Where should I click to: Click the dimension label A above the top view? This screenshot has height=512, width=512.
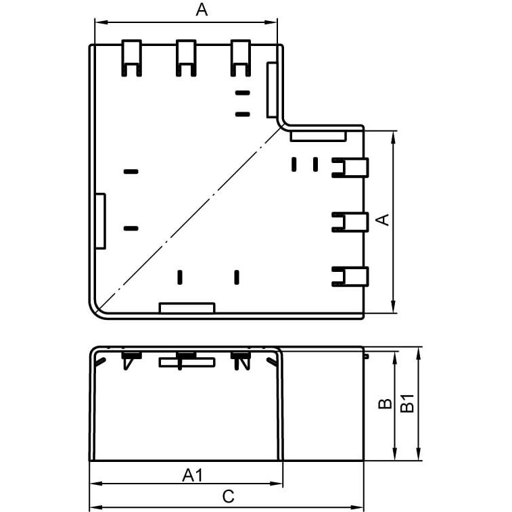pos(202,9)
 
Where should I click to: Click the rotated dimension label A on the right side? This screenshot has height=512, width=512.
pos(383,220)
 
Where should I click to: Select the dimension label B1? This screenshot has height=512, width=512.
pos(407,404)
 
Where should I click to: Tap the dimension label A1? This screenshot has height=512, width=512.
pos(193,475)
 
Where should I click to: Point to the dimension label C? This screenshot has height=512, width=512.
pos(228,496)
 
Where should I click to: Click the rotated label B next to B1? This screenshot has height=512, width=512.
pos(385,404)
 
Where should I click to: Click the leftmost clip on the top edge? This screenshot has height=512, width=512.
pos(132,58)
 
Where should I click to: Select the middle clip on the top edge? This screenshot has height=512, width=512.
pos(186,58)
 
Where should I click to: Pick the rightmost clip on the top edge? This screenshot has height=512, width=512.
pos(241,58)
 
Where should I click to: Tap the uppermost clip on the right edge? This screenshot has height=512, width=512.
pos(350,168)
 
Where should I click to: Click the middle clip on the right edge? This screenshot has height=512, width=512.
pos(350,222)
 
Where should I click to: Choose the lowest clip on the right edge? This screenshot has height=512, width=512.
pos(350,277)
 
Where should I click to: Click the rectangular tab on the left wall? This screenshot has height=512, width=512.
pos(100,221)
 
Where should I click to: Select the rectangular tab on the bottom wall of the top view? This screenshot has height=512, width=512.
pos(187,308)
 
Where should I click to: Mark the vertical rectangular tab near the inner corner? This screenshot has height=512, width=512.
pos(272,90)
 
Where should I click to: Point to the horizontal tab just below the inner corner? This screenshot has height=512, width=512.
pos(319,136)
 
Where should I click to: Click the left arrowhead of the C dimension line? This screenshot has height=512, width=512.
pos(95,507)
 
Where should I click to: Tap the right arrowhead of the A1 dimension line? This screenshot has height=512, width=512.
pos(276,484)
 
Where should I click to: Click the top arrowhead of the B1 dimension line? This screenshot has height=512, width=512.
pos(419,353)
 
